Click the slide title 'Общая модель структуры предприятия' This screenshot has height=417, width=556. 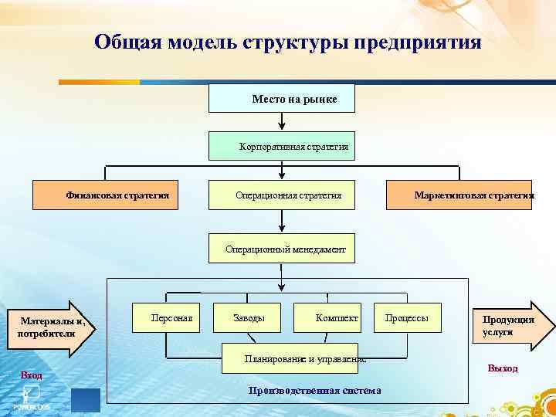click(287, 42)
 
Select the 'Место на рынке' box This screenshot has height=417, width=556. click(282, 99)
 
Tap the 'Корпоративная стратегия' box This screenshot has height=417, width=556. click(282, 146)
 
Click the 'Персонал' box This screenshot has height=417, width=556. click(166, 317)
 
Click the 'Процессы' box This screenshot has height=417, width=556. click(407, 317)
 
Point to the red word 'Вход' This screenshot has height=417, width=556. click(32, 375)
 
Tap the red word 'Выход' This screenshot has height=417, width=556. click(503, 368)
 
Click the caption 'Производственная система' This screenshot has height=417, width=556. click(314, 390)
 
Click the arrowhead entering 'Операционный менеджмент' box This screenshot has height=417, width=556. click(282, 229)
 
